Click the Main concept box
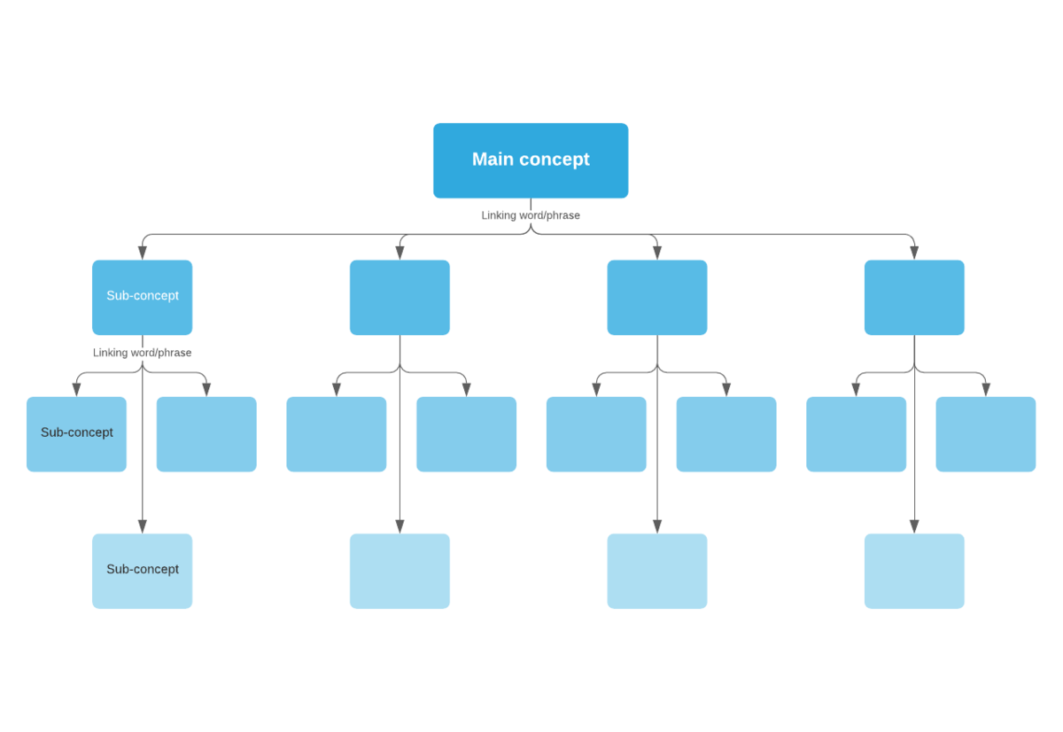531,160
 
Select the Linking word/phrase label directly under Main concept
531,215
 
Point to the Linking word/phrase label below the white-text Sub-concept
142,353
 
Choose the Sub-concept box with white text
142,297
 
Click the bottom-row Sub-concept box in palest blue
142,571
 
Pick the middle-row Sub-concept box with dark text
76,434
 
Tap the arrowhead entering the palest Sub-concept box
142,526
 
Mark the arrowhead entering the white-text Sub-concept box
142,253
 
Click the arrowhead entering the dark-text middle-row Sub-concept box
76,390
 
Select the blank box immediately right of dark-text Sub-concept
206,434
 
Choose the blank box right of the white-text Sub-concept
400,297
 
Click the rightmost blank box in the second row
914,297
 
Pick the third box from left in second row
656,297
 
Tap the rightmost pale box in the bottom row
914,571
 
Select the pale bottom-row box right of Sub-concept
400,571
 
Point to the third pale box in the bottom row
656,571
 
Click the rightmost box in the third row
985,434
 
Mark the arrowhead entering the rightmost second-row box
914,253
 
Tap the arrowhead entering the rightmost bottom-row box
914,526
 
